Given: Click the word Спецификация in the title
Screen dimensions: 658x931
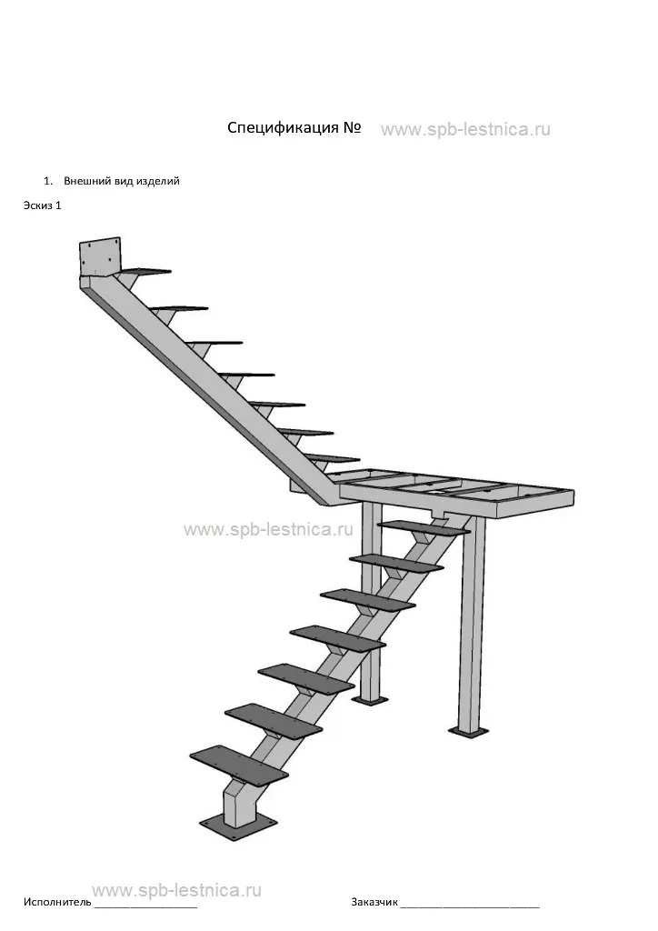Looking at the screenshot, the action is (283, 128).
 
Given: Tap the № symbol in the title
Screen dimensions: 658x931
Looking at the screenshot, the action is (352, 127).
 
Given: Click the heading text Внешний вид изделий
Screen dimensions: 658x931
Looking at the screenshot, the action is (122, 181).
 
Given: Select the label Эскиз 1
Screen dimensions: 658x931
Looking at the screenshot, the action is (42, 205).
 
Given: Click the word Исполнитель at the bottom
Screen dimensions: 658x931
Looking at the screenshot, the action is (57, 902).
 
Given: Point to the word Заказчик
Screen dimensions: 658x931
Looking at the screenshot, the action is (374, 903).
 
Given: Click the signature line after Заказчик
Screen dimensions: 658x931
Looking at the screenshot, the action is (470, 906).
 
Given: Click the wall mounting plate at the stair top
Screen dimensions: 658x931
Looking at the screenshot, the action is (100, 257).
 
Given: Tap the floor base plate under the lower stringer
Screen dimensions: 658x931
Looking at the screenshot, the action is (238, 827).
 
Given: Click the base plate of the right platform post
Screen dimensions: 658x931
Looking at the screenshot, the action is (468, 731).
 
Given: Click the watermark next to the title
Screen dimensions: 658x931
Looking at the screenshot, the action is (465, 129).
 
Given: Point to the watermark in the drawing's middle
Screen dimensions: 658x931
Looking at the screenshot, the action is (268, 529).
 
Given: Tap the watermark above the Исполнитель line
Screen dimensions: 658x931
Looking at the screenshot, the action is (177, 890).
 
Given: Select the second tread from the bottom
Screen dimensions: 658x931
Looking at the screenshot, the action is (274, 721).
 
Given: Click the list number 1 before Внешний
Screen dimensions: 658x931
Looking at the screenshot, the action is (47, 181).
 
